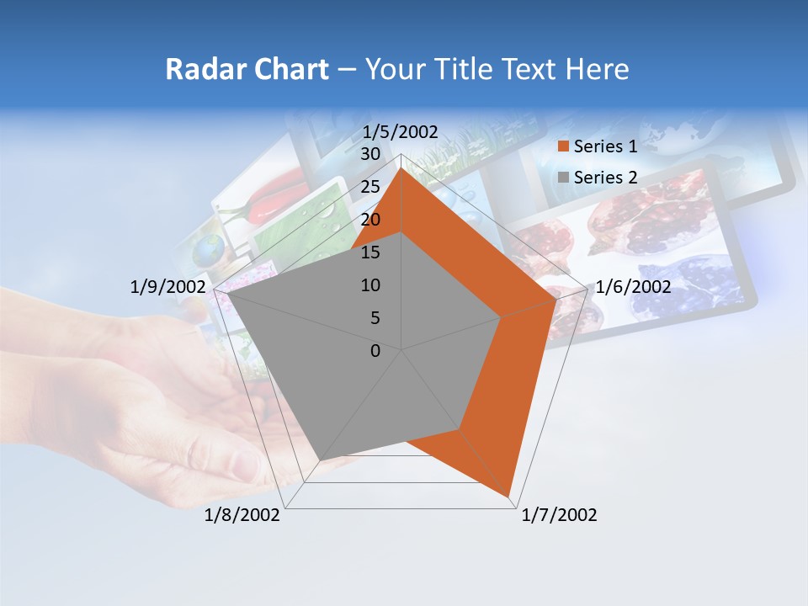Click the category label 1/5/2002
[401, 132]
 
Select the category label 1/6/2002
[633, 287]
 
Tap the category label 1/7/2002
[559, 515]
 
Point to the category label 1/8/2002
[242, 515]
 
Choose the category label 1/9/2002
[168, 287]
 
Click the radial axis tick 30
[370, 154]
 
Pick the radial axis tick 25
[370, 187]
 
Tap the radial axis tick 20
[370, 220]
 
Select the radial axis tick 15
[370, 252]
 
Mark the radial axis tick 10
[370, 285]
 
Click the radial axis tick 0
[375, 351]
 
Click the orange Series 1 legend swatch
[563, 147]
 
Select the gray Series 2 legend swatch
[563, 178]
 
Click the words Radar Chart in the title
[247, 69]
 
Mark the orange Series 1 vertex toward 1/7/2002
[509, 496]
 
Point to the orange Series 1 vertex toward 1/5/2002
[401, 168]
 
